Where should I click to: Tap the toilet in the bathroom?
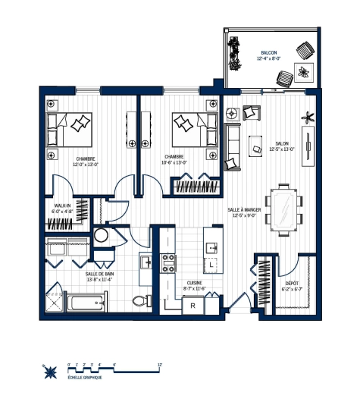point(138,301)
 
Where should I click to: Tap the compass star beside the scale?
point(52,371)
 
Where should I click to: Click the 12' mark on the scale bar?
point(160,364)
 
